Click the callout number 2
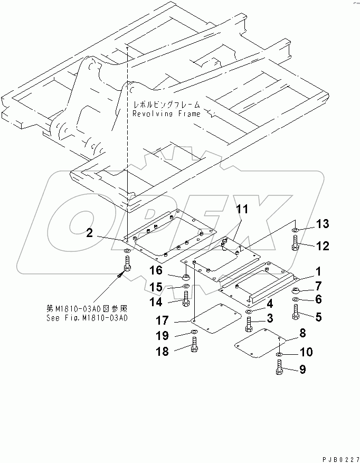(x=90, y=233)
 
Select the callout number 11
(x=241, y=210)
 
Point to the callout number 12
(x=323, y=245)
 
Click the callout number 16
(x=156, y=271)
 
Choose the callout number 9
(x=302, y=370)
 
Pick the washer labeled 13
(x=295, y=231)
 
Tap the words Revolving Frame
(x=166, y=114)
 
